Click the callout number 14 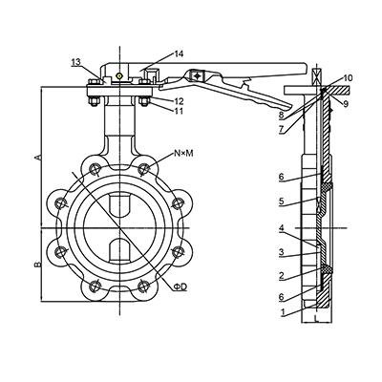[x=179, y=53]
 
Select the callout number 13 [x=75, y=62]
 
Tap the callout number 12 [x=179, y=101]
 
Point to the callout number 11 [x=179, y=111]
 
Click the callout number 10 [x=349, y=78]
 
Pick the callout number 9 [x=346, y=103]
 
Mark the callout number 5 [x=281, y=202]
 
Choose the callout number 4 [x=281, y=227]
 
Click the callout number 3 [x=281, y=252]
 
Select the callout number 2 [x=281, y=276]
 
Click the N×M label [x=183, y=154]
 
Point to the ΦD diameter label [x=180, y=287]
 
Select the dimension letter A [x=38, y=157]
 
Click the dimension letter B [x=38, y=264]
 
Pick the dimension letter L [x=315, y=318]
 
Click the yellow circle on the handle [x=119, y=76]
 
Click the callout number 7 [x=281, y=130]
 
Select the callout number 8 [x=281, y=115]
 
